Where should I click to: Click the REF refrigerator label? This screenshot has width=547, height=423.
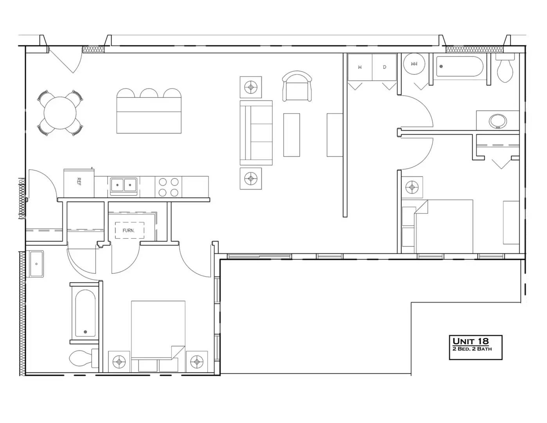coord(79,181)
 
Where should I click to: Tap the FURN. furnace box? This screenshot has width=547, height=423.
coord(129,230)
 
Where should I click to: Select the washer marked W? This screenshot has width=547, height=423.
coord(360,67)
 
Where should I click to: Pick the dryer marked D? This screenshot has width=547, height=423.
coord(384,67)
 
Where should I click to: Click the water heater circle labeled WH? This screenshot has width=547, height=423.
coord(414,64)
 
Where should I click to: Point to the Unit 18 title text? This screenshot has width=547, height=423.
coord(471,341)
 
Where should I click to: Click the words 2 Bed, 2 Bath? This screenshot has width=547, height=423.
coord(472,349)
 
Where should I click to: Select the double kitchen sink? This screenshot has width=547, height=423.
coord(123,185)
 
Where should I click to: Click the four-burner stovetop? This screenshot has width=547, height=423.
coord(169,187)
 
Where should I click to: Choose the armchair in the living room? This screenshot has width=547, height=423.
coord(297,87)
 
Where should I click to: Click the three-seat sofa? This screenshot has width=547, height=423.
coord(256,133)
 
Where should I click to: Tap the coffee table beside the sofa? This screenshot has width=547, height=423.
coord(291,135)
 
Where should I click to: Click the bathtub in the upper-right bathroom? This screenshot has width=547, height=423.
coord(460,66)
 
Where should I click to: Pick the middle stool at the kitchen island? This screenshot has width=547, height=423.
coord(149,94)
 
